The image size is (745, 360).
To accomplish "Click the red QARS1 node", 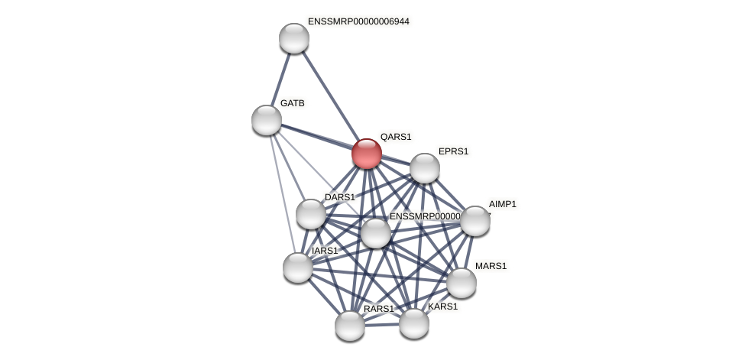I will point(367,154).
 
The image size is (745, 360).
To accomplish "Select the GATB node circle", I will point(267,120).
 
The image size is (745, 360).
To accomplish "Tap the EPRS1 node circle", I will point(425,168).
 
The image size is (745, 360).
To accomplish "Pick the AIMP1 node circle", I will point(475,221).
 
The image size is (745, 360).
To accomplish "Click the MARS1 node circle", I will point(462,283).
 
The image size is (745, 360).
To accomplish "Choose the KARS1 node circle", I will point(414,323).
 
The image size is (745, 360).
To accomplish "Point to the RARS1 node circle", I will point(350,326).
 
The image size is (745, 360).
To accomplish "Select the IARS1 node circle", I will point(298,268).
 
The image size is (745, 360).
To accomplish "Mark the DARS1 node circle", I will point(311,214).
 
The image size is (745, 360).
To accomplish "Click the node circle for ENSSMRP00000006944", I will point(294,38).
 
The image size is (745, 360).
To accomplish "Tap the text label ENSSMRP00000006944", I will point(358,21).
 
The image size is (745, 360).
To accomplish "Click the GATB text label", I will point(292,103).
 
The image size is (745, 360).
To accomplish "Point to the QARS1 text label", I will point(396,137).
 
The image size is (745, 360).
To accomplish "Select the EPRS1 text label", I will point(453,151).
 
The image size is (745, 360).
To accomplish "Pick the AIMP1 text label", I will point(503,204).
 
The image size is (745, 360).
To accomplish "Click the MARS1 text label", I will point(491,266).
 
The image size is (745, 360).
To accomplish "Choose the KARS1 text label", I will point(442,306).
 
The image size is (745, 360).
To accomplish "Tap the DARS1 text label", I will point(339,197).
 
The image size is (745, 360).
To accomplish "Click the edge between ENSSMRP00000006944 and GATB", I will point(280,79).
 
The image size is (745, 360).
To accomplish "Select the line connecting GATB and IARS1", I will point(282,193).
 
